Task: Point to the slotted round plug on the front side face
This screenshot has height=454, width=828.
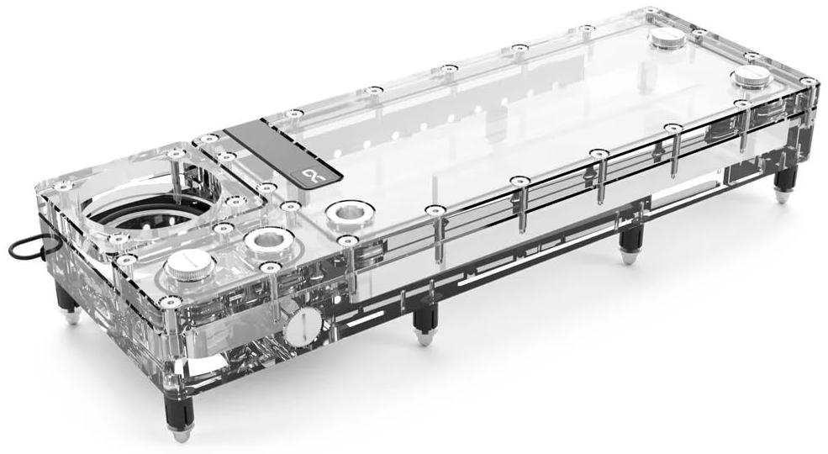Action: tap(302, 326)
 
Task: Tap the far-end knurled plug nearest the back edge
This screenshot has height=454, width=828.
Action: tap(670, 38)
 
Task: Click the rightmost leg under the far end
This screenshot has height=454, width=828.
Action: tap(782, 187)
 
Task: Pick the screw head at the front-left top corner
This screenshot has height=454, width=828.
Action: tap(171, 301)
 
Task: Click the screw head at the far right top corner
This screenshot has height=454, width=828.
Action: tap(808, 82)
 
